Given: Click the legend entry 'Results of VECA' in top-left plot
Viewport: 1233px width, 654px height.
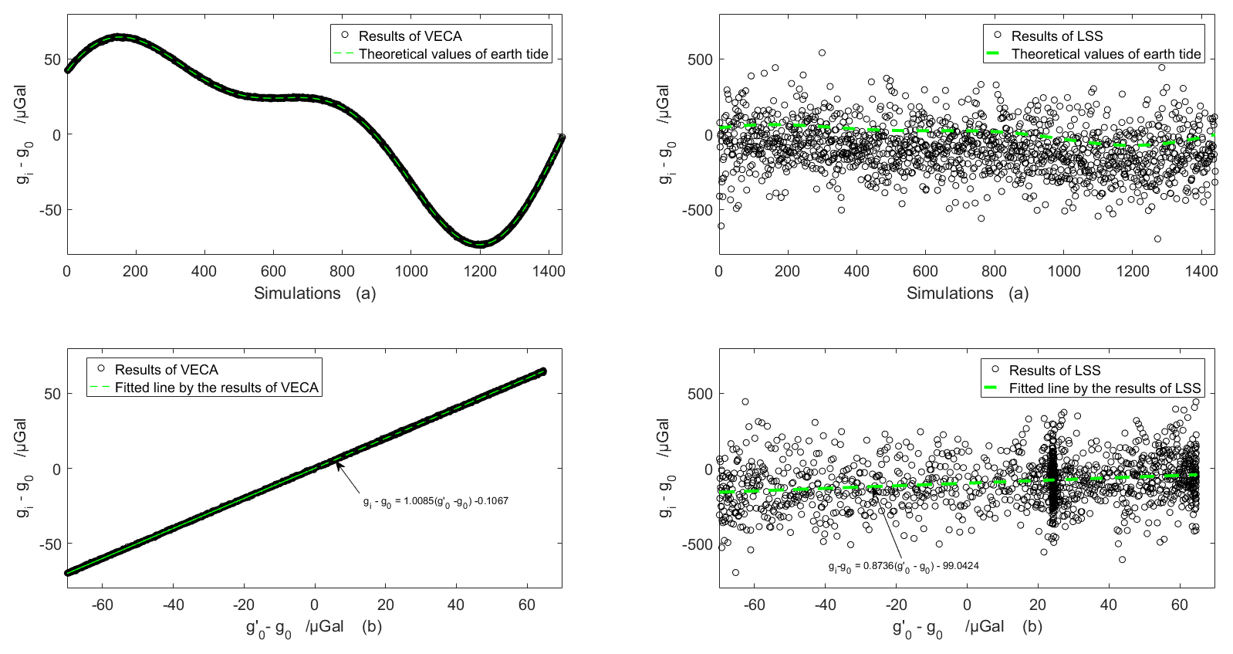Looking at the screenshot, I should coord(410,36).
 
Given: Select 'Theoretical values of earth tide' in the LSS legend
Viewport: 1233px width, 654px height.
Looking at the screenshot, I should coord(1106,54).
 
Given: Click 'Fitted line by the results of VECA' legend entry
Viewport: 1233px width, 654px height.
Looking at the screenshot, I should coord(216,388).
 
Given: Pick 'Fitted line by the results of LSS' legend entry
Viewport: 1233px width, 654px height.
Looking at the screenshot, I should coord(1104,388).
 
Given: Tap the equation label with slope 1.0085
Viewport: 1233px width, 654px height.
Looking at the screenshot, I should coord(435,501).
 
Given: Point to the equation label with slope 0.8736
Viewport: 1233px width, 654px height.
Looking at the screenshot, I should coord(904,566).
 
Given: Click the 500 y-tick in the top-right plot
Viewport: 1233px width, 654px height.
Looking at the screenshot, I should coord(697,59).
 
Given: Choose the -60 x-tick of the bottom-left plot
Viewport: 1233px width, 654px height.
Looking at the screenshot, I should coord(103,605).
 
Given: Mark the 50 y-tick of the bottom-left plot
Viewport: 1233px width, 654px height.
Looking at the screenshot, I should coord(51,394).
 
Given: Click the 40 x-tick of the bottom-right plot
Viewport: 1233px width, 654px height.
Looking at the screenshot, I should coord(1109,605).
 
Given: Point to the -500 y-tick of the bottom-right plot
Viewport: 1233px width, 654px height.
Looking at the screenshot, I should coord(697,544).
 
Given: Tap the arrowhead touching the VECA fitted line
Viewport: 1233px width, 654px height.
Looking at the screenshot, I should coord(338,463).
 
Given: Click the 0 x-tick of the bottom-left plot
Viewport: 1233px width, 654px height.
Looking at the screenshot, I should coord(315,605).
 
